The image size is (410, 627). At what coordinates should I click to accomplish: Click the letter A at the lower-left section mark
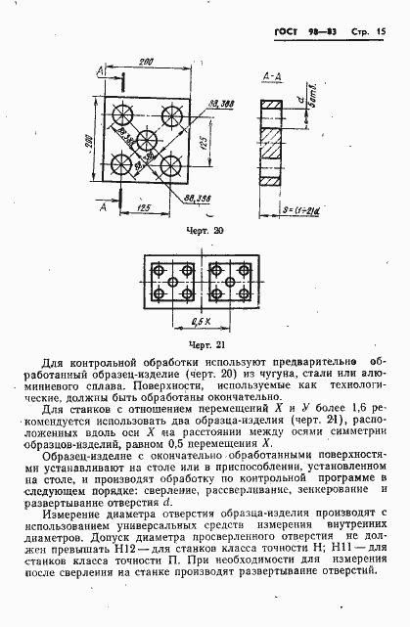pos(103,206)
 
